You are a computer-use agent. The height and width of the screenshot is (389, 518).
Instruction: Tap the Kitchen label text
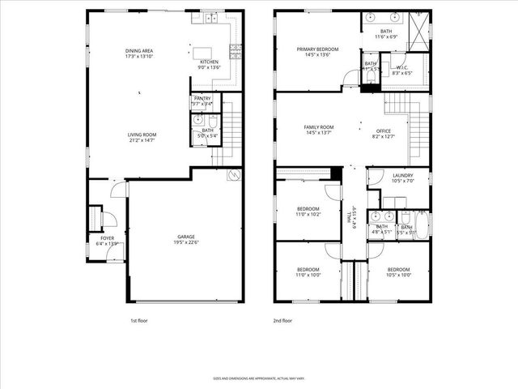pyautogui.click(x=208, y=62)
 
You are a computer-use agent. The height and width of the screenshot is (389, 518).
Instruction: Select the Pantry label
pyautogui.click(x=202, y=98)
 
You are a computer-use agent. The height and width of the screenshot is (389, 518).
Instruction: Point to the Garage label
pyautogui.click(x=186, y=236)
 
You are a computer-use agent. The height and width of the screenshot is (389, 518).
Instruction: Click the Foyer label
pyautogui.click(x=107, y=237)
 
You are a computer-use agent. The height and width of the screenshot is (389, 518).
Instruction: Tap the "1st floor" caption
pyautogui.click(x=140, y=321)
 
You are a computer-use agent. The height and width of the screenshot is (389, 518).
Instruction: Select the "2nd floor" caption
pyautogui.click(x=282, y=321)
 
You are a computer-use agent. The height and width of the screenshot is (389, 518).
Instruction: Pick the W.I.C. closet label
pyautogui.click(x=402, y=67)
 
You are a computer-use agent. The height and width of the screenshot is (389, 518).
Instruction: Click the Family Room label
pyautogui.click(x=318, y=127)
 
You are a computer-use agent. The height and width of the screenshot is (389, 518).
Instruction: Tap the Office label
pyautogui.click(x=384, y=131)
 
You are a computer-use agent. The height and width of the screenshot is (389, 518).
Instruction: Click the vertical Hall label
pyautogui.click(x=350, y=217)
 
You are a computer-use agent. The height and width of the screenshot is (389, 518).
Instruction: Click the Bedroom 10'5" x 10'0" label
pyautogui.click(x=399, y=269)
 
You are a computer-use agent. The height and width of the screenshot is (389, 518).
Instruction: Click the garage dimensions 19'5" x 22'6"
pyautogui.click(x=186, y=242)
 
